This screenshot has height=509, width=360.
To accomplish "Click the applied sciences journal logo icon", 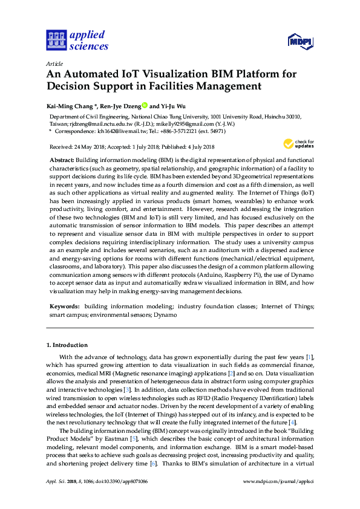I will tap(56, 40).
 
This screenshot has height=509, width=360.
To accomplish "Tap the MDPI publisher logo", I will tap(296, 41).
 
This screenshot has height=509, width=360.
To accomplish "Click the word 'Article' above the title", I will tap(55, 63).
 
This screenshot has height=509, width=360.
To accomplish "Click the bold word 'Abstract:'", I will tap(61, 158).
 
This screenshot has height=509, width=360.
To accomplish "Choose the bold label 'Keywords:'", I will tap(65, 307).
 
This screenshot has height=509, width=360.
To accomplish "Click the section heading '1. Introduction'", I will tap(67, 345).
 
